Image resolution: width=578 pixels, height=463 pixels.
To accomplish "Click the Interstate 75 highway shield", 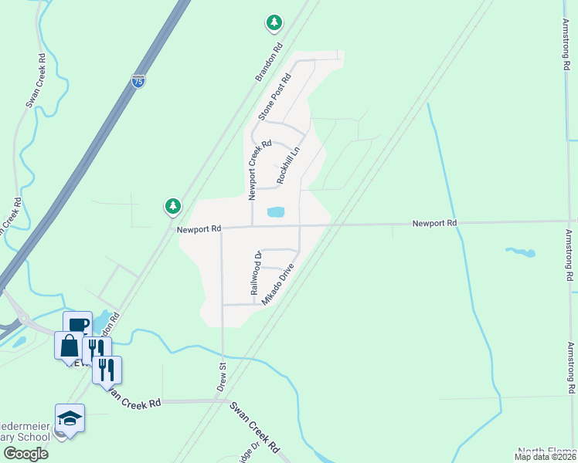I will click(137, 81).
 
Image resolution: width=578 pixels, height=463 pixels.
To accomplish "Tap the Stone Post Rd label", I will click(277, 96).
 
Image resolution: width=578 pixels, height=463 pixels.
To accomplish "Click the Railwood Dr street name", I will click(256, 272).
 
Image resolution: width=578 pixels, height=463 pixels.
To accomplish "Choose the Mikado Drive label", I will click(278, 284).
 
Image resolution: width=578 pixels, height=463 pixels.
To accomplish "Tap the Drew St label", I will click(221, 377).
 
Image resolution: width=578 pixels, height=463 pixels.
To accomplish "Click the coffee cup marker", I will click(77, 325).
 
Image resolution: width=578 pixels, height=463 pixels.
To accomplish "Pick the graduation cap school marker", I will click(70, 419).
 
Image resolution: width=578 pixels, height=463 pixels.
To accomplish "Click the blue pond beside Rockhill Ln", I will click(275, 211).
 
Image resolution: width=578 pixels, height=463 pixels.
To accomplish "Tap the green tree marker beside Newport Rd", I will click(172, 206).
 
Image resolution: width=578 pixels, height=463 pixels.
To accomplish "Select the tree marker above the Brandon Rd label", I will click(274, 23).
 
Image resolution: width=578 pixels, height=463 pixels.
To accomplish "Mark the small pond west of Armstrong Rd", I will click(521, 252).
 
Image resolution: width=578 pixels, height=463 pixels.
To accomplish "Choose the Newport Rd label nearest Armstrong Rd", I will click(434, 223).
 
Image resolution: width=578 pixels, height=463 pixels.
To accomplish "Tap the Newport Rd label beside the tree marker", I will click(199, 228).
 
